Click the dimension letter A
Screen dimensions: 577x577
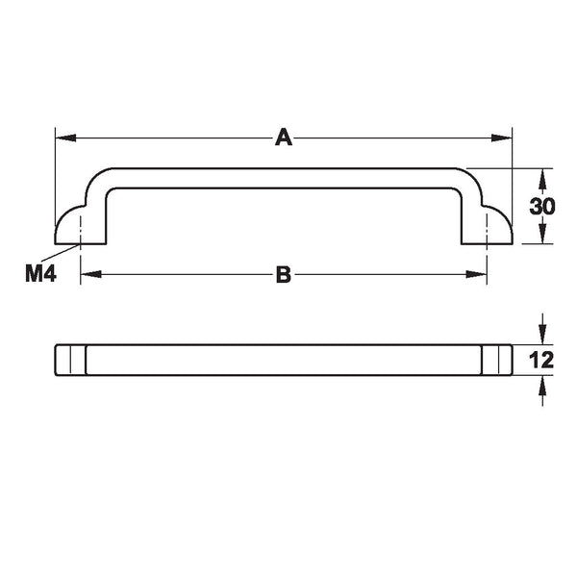pyautogui.click(x=284, y=138)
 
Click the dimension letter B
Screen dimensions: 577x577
pyautogui.click(x=284, y=274)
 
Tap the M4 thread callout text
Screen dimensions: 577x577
pyautogui.click(x=40, y=273)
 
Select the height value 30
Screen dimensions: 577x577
pyautogui.click(x=541, y=206)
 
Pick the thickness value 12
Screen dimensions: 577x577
pyautogui.click(x=540, y=360)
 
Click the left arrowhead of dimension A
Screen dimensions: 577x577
pyautogui.click(x=65, y=138)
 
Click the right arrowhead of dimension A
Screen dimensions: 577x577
pyautogui.click(x=502, y=138)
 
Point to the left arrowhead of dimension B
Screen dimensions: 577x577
pyautogui.click(x=91, y=274)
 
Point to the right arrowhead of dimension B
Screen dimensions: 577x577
pyautogui.click(x=477, y=274)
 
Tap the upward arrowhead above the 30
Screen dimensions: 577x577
pyautogui.click(x=542, y=179)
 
